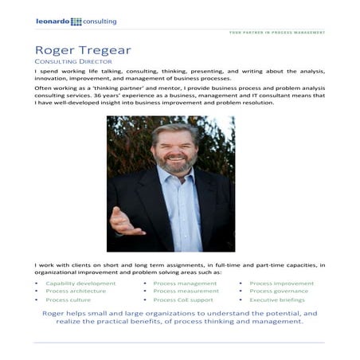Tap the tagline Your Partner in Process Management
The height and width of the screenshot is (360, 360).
coord(276,33)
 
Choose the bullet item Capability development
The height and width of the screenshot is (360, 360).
coord(80,283)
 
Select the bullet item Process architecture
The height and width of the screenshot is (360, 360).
coord(76,292)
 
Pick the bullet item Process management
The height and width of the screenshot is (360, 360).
coord(184,283)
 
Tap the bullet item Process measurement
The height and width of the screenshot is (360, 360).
coord(186,292)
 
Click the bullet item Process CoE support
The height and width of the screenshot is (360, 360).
coord(183,300)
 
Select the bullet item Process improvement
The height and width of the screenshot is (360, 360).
coord(281,283)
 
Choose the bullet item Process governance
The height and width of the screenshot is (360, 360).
coord(279,292)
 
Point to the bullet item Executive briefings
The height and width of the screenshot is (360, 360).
coord(278,300)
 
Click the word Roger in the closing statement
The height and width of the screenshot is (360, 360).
coord(56,314)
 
